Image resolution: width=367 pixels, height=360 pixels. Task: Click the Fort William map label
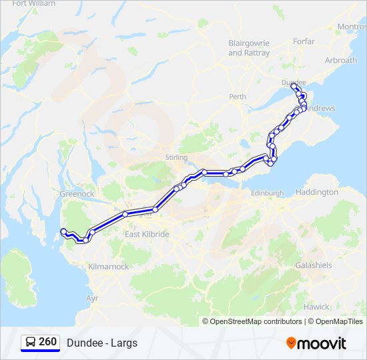click(33, 3)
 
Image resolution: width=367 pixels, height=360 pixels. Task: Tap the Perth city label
click(237, 97)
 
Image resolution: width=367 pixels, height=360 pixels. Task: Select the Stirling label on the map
click(177, 157)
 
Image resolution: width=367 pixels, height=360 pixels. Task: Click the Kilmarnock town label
click(108, 267)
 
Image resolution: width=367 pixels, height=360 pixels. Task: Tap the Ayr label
click(92, 298)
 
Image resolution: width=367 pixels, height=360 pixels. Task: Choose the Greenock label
click(78, 194)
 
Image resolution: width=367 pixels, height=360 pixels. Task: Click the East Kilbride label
click(147, 235)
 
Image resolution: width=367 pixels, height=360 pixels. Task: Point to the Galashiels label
click(314, 265)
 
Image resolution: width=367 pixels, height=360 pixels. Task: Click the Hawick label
click(316, 307)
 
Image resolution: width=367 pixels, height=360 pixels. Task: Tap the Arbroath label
click(340, 60)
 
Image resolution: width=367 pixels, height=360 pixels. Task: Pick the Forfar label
click(304, 41)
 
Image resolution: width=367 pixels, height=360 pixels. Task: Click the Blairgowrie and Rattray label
click(249, 47)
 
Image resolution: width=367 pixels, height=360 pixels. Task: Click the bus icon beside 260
click(30, 343)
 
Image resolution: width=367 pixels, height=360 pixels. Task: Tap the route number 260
click(48, 342)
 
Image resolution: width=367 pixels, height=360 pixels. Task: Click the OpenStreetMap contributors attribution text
click(256, 321)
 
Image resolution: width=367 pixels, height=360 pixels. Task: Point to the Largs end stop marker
click(63, 231)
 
